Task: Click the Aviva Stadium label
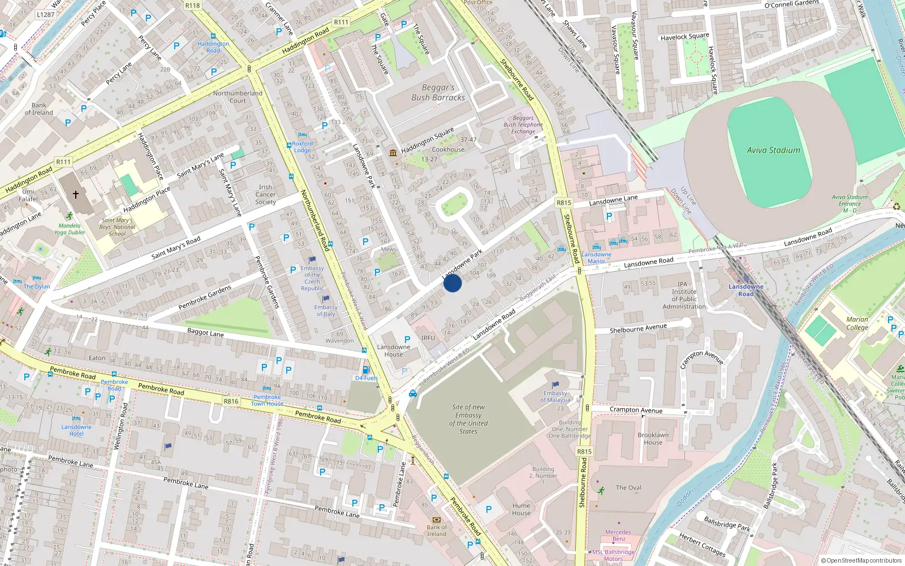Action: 773,150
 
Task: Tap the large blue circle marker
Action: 453,282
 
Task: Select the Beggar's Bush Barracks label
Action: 438,92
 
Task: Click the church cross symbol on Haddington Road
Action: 75,195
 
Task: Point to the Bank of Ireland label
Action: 436,530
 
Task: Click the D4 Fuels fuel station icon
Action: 365,370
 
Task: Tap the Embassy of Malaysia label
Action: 555,396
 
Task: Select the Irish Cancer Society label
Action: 265,194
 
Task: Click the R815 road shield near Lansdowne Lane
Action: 563,203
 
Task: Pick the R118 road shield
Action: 192,6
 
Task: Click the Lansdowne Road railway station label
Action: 745,290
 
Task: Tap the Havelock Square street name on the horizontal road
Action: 684,37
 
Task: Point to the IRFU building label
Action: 428,338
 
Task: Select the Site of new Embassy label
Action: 468,419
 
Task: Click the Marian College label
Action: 857,323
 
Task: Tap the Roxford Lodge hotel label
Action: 302,147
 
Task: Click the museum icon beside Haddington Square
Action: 393,153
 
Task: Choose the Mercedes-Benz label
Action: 619,535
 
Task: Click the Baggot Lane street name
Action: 205,333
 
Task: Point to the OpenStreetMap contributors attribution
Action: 861,560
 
